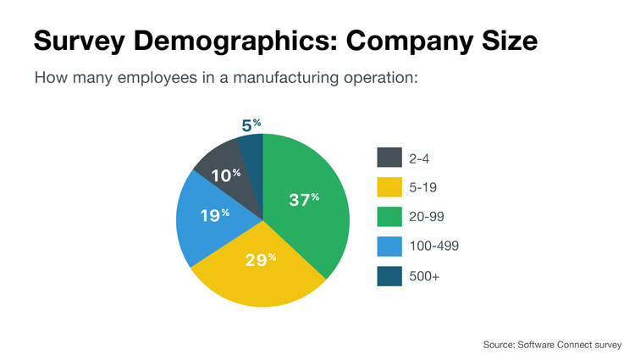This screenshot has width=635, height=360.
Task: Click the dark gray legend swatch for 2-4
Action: tap(389, 158)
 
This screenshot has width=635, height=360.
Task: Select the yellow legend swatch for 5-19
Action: tap(389, 187)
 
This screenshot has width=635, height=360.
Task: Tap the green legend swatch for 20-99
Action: tap(389, 217)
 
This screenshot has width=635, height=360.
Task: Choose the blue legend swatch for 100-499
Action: tap(389, 246)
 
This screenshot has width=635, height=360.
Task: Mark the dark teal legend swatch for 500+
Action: tap(389, 275)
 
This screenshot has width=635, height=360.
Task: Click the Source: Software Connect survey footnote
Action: tap(552, 345)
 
